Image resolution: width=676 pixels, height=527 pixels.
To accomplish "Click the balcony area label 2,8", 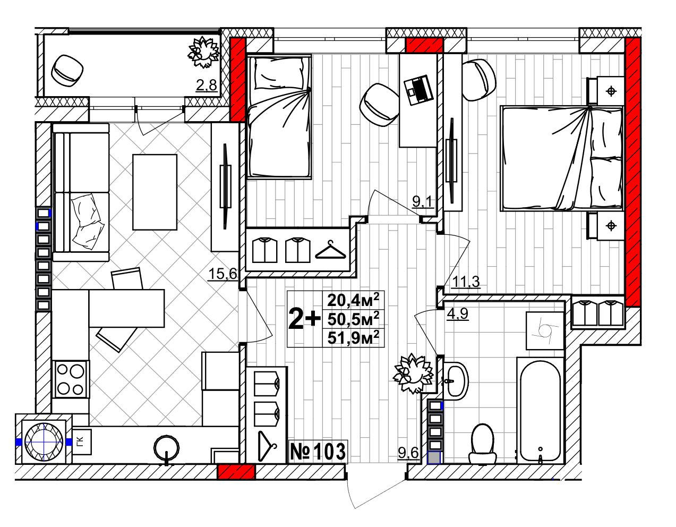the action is [206, 85].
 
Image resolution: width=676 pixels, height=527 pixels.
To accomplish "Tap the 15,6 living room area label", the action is [223, 274].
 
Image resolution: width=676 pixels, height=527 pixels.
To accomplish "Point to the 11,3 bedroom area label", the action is [466, 282].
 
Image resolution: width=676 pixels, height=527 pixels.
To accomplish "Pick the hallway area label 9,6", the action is [408, 453].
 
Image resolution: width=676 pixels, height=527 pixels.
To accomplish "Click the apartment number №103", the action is [318, 452].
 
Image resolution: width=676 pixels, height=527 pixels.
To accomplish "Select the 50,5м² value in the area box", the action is [353, 319].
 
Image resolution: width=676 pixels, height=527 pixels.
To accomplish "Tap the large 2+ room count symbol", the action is [305, 318].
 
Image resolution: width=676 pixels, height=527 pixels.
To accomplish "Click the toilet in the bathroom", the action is [483, 444].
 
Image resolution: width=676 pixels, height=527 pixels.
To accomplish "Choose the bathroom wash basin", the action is [456, 380].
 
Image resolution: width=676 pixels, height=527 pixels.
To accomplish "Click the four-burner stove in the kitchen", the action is [71, 379].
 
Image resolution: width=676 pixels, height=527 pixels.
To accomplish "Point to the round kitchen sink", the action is [166, 448].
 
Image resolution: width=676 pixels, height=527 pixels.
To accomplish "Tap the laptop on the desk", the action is [418, 90].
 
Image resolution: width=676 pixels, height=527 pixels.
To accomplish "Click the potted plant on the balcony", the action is [203, 52].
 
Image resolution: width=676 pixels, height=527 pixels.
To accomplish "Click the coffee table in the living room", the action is [155, 192].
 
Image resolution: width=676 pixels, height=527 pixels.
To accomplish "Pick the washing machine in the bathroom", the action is [545, 330].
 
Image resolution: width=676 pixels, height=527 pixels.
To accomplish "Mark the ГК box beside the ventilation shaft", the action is [82, 442].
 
